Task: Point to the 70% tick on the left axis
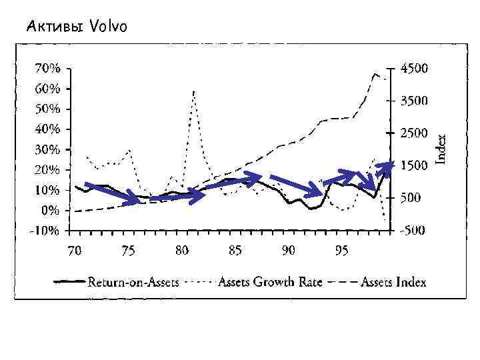(48, 68)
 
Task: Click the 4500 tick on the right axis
(415, 68)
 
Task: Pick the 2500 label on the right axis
(415, 133)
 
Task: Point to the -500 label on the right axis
(415, 231)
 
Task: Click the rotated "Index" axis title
(441, 147)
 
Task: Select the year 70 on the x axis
(75, 251)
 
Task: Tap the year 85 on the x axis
(235, 251)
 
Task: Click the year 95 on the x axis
(341, 251)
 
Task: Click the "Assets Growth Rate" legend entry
(270, 282)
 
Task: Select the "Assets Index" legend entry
(393, 282)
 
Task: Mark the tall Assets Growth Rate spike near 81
(193, 91)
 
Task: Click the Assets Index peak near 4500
(376, 73)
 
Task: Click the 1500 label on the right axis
(415, 165)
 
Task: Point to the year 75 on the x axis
(128, 251)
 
